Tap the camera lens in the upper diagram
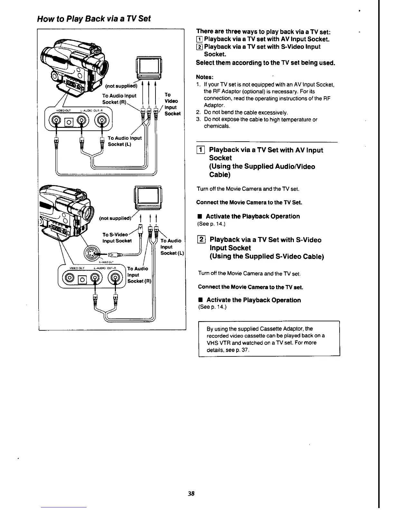pyautogui.click(x=105, y=68)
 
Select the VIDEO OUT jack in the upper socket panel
pyautogui.click(x=57, y=121)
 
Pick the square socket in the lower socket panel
pyautogui.click(x=82, y=279)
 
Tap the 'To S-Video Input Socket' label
pyautogui.click(x=117, y=238)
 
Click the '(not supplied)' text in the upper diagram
pyautogui.click(x=121, y=86)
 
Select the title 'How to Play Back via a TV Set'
pyautogui.click(x=94, y=19)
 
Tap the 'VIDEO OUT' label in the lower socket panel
pyautogui.click(x=77, y=268)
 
